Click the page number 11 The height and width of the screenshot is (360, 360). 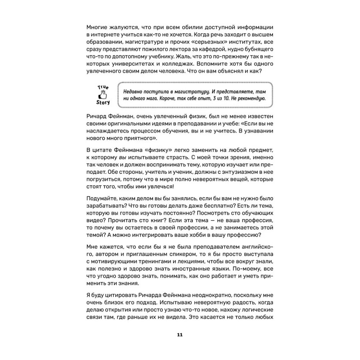tap(180, 335)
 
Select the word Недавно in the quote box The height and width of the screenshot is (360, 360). tap(133, 91)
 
